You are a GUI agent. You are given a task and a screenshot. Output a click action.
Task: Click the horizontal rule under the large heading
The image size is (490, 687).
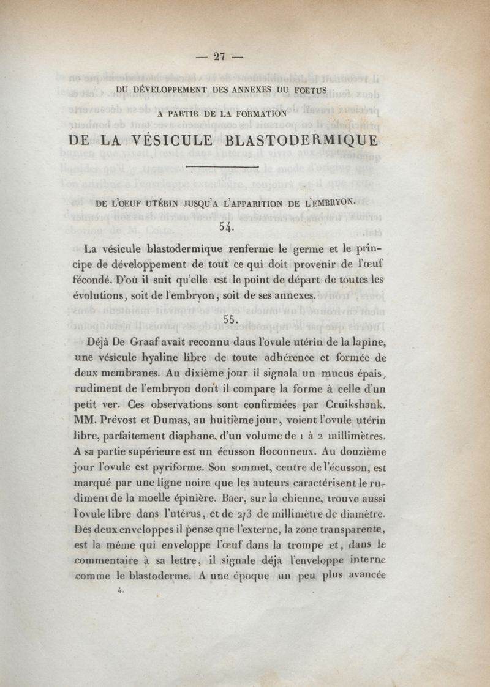coord(222,166)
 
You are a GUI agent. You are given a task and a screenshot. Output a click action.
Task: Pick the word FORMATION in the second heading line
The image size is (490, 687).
coord(255,113)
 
